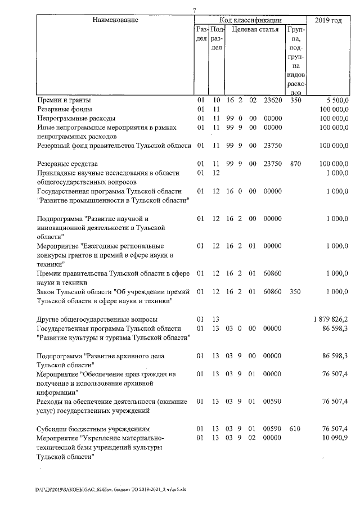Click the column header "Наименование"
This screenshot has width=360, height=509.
(115, 20)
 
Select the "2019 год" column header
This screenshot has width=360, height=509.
(328, 20)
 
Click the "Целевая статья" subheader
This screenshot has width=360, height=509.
(255, 29)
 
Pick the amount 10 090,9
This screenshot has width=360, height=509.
(336, 438)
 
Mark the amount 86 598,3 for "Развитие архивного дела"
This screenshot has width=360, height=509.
(336, 356)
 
